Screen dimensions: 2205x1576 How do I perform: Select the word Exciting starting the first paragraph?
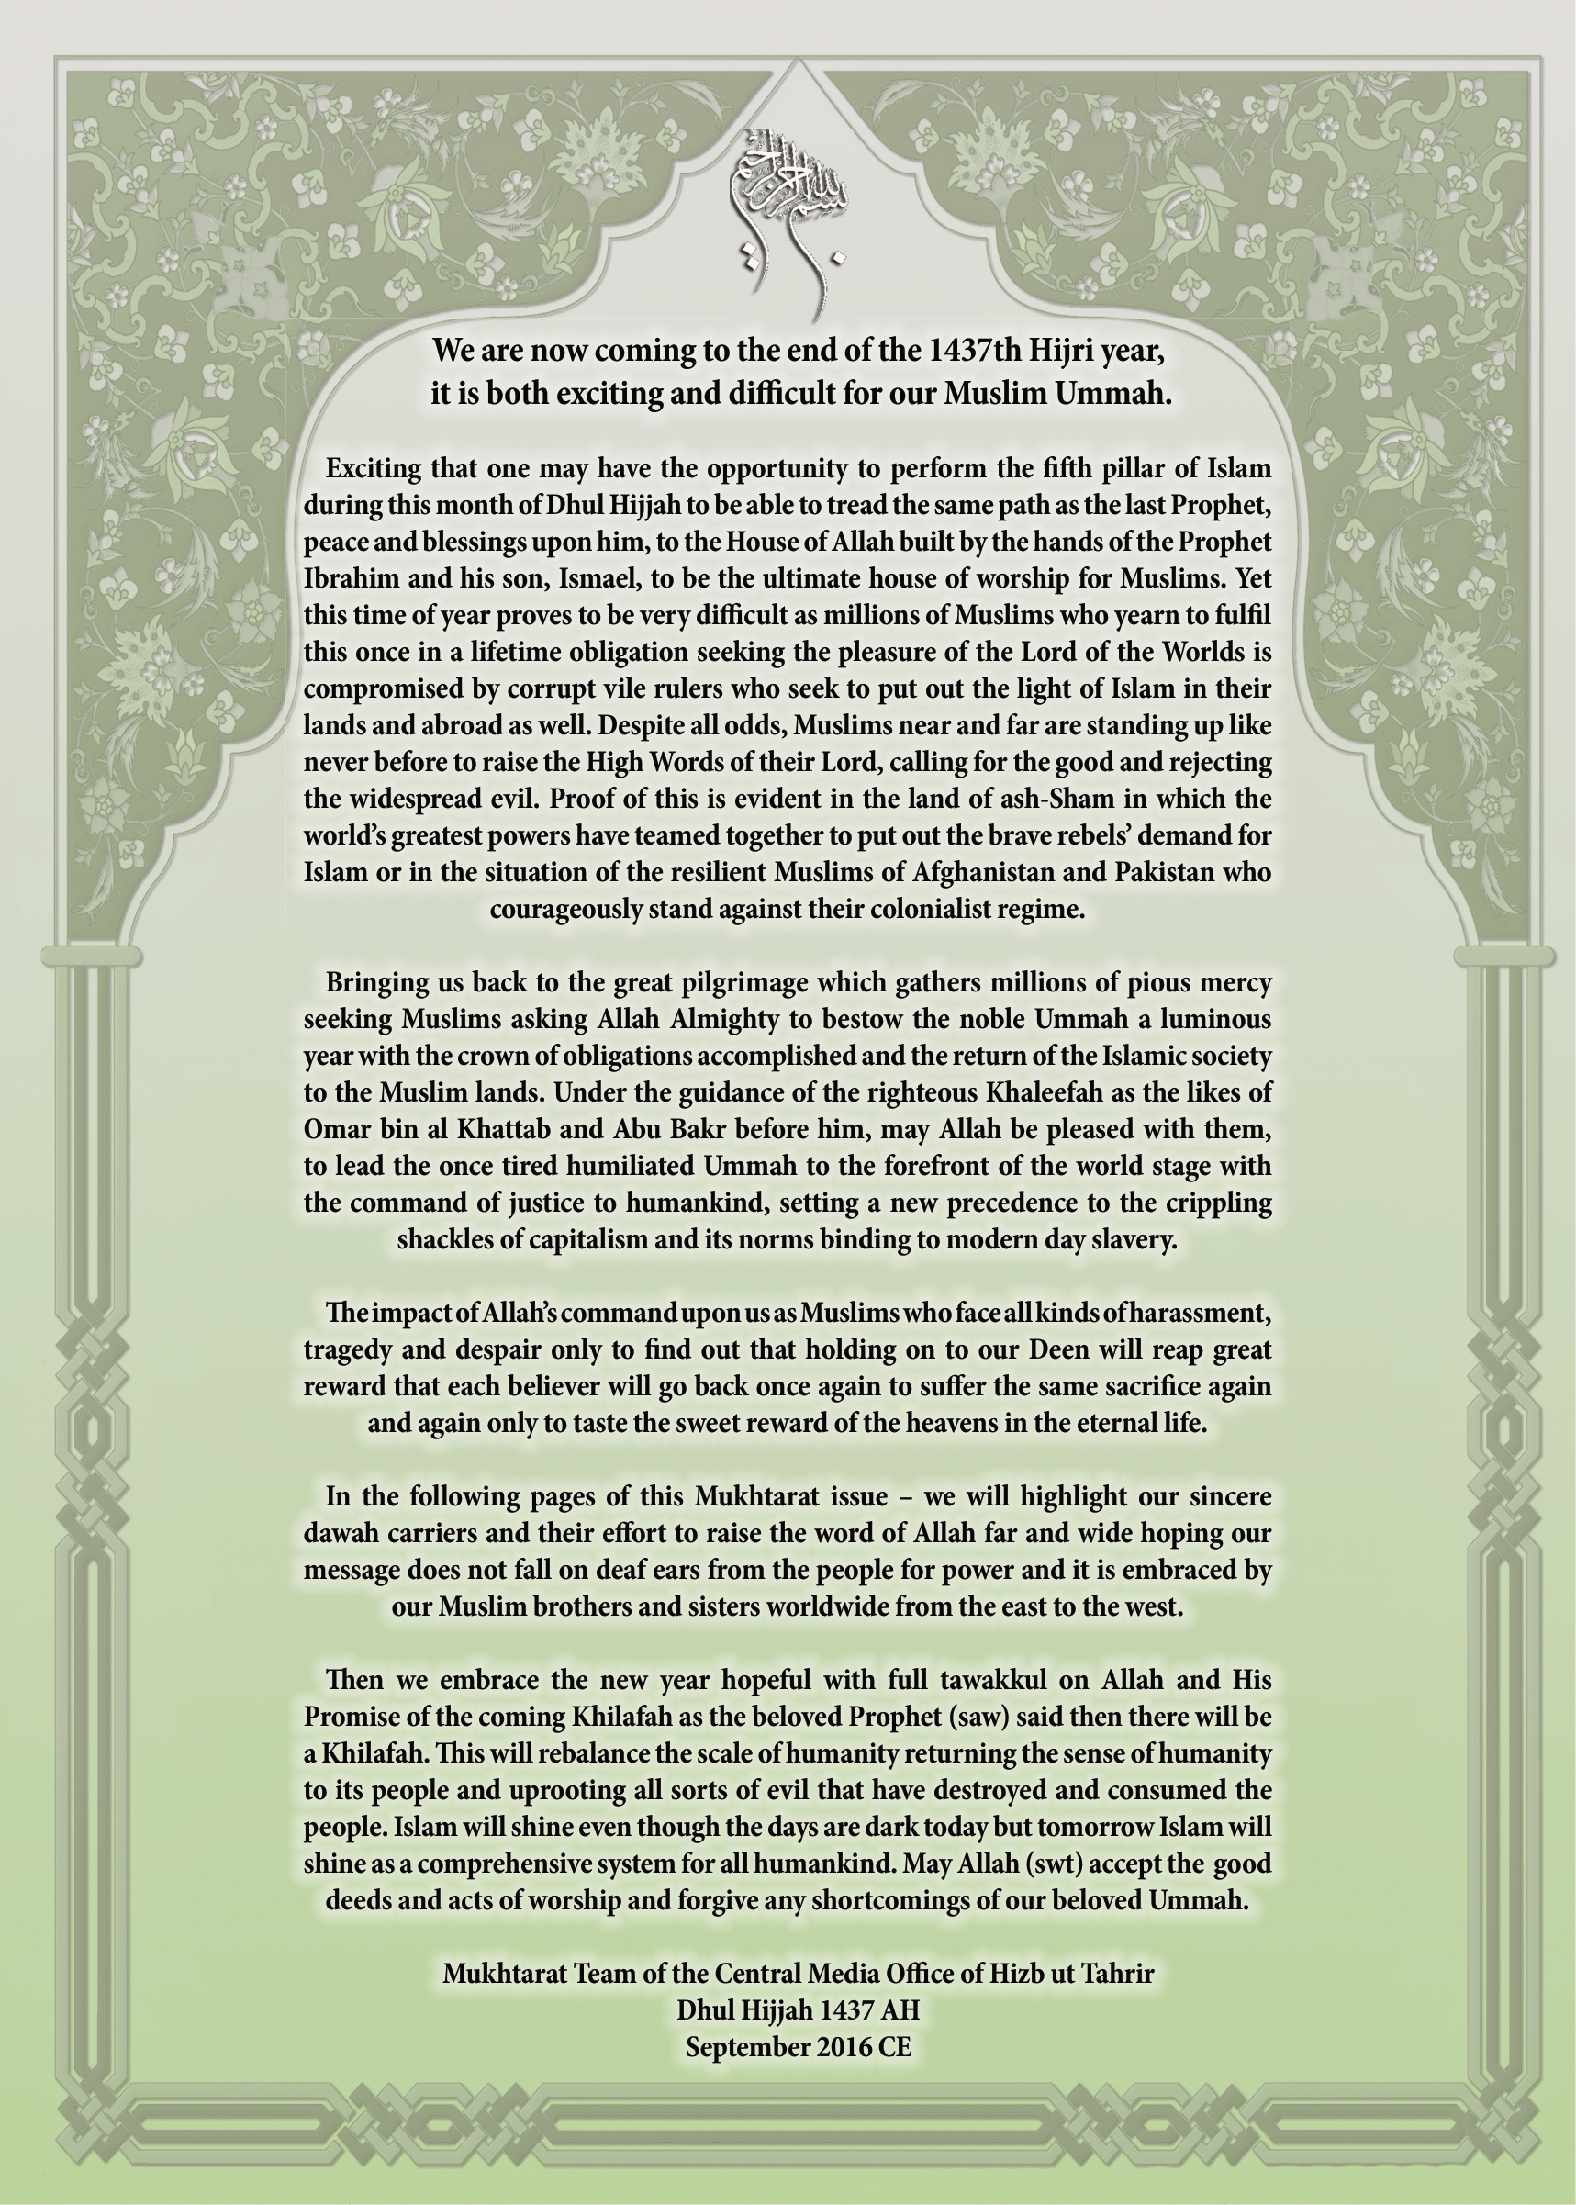pyautogui.click(x=373, y=469)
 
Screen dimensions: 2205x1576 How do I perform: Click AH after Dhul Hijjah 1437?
pyautogui.click(x=901, y=2009)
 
